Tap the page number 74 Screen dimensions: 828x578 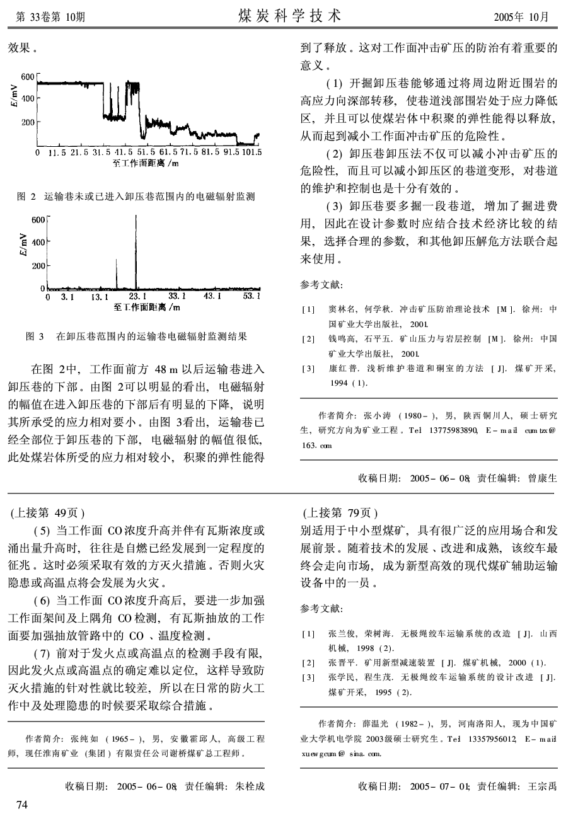[22, 805]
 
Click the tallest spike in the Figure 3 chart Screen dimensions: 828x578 [136, 252]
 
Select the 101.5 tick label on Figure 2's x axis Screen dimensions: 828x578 [250, 152]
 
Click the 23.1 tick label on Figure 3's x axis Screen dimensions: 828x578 [137, 296]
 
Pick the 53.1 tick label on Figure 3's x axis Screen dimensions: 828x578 [251, 296]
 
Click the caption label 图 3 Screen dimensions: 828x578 [34, 337]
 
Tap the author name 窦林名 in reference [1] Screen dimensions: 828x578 [342, 309]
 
